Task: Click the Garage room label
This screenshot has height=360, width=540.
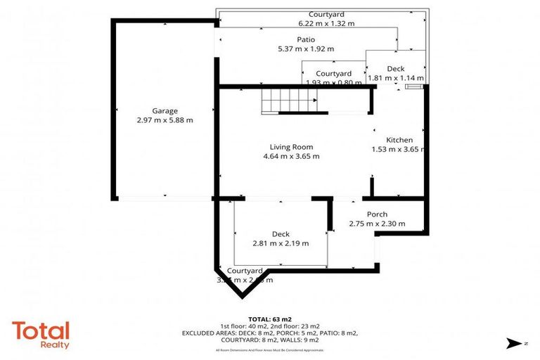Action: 165,111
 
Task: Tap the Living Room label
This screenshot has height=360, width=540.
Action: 291,147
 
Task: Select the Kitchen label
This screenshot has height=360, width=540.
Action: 399,140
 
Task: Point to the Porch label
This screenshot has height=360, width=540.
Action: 377,214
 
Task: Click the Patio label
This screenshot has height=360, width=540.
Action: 305,40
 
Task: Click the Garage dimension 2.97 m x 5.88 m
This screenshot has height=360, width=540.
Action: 165,120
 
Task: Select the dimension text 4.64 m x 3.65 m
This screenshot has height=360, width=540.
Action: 291,156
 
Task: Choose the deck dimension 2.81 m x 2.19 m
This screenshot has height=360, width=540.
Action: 281,243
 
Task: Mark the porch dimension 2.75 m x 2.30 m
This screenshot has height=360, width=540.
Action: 377,224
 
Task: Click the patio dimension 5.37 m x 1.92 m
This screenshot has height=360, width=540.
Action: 305,49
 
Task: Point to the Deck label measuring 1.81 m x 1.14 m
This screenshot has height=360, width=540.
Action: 396,68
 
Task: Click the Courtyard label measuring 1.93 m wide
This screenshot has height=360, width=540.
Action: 333,73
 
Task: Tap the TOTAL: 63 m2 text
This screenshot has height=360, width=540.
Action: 269,319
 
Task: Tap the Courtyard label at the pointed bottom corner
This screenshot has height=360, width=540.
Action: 244,271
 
